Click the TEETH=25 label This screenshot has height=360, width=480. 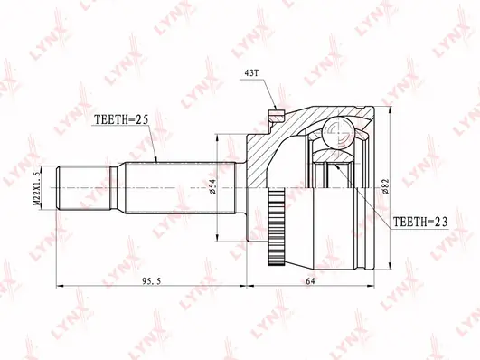pyautogui.click(x=121, y=119)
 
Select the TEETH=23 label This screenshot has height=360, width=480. pyautogui.click(x=420, y=222)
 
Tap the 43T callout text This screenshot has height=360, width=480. pyautogui.click(x=252, y=73)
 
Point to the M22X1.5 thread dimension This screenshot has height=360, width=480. pyautogui.click(x=36, y=188)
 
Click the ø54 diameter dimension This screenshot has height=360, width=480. pyautogui.click(x=213, y=186)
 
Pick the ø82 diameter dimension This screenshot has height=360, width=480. pyautogui.click(x=385, y=186)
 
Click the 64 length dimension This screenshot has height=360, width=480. pyautogui.click(x=310, y=281)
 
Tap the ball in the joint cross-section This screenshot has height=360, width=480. pyautogui.click(x=340, y=132)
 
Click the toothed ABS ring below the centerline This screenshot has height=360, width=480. pyautogui.click(x=277, y=227)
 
